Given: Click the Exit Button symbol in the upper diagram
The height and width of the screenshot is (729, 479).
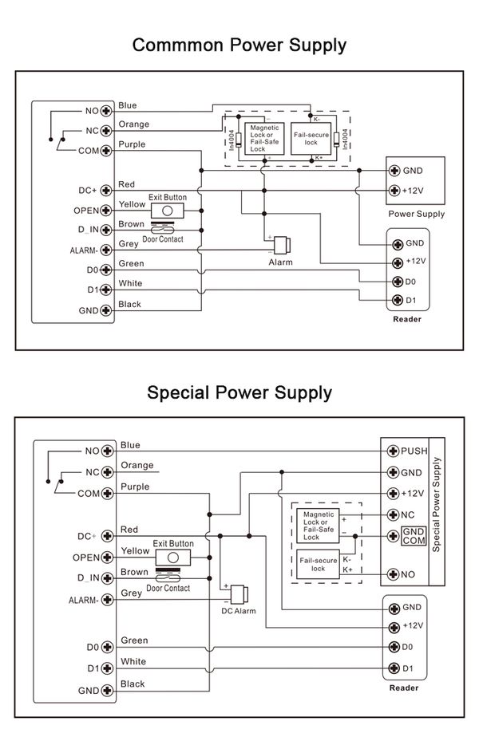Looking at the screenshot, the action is [x=167, y=211].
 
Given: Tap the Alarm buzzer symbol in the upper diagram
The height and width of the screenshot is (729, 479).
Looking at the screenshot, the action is [x=282, y=245].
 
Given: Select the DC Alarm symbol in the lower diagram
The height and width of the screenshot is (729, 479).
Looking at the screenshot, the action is [x=239, y=594].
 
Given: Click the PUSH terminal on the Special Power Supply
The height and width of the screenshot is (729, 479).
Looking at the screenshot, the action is [x=394, y=451].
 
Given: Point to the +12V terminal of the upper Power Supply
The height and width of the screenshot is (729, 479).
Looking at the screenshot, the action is [x=394, y=190].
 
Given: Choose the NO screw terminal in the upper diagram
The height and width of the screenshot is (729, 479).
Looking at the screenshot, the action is [x=107, y=111].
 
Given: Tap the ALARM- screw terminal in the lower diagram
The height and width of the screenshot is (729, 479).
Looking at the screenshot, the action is [x=108, y=599].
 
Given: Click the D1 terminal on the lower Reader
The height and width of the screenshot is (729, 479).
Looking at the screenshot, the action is [x=394, y=668].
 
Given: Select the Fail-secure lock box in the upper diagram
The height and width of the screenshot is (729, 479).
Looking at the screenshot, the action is [x=311, y=139].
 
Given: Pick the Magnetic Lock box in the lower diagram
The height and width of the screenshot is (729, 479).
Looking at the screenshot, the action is [x=319, y=526].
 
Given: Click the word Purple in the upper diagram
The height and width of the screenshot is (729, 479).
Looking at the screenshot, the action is [x=132, y=144].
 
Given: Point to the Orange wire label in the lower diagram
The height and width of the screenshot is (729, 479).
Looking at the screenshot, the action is [x=137, y=465].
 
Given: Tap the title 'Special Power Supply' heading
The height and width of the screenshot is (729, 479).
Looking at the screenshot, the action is [x=239, y=393].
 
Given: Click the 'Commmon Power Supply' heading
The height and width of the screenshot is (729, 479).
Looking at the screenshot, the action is [x=239, y=45].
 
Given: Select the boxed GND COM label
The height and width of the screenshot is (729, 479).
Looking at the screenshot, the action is [x=414, y=536].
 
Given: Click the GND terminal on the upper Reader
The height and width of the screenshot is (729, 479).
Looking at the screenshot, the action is [x=398, y=244].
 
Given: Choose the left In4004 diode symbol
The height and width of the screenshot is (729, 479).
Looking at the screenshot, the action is [x=239, y=139].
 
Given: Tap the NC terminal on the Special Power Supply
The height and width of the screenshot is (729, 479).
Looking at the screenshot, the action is [x=394, y=514].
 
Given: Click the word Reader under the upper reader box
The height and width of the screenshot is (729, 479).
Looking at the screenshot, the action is [x=407, y=319].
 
